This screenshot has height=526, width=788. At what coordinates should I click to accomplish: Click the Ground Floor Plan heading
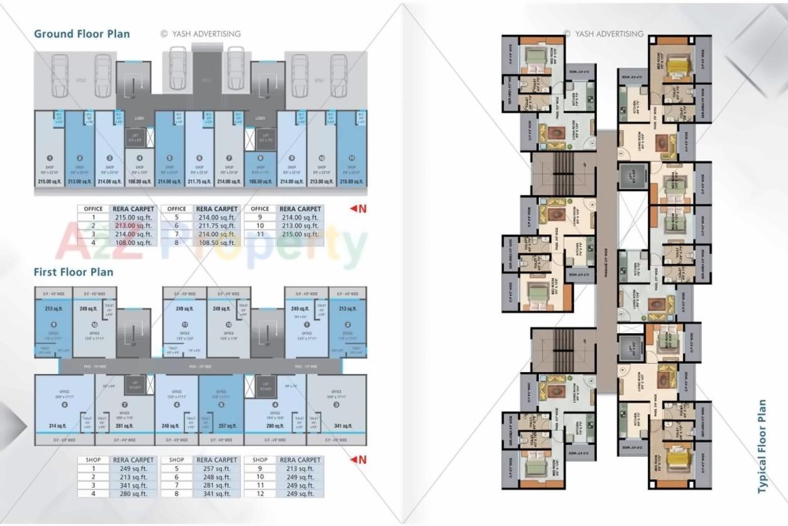82,34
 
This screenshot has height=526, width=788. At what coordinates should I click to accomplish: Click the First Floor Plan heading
74,272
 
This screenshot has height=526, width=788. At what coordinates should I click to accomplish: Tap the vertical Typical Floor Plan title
762,446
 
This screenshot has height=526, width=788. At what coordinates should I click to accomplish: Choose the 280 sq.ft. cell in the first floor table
133,494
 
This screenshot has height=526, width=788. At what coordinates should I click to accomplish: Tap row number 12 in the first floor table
260,494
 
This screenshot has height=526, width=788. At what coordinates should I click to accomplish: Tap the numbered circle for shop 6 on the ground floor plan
199,158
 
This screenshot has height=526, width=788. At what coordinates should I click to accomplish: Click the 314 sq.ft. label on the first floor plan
58,426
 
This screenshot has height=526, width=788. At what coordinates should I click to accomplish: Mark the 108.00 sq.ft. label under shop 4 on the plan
140,182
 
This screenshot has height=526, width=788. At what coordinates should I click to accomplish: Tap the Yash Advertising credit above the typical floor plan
603,34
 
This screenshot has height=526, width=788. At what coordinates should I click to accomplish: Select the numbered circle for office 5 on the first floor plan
221,405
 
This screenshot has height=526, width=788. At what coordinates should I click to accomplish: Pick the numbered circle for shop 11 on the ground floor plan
351,158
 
